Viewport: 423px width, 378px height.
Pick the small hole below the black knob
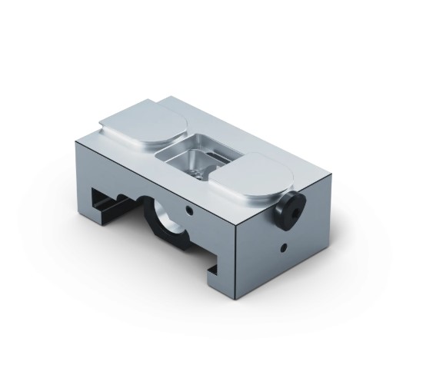285,247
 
